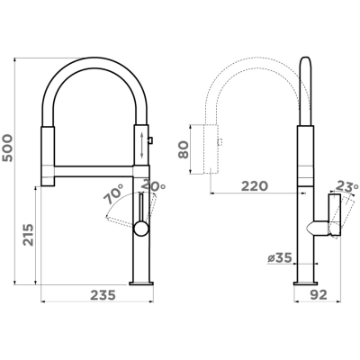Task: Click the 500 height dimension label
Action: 7,148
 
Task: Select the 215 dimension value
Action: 29,235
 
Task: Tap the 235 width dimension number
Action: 103,295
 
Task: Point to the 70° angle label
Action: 113,193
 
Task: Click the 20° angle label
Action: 153,185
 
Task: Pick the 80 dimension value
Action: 184,149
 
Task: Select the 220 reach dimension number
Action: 255,186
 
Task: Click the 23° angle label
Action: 346,186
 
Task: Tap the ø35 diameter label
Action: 280,257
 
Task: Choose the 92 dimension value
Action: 319,295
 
